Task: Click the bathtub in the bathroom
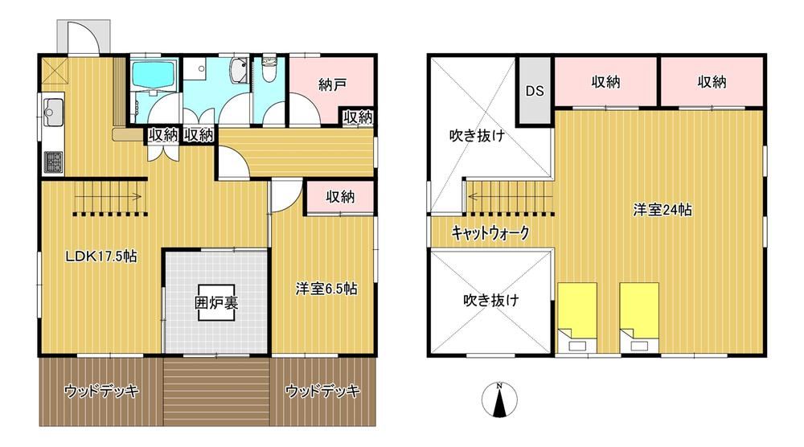pyautogui.click(x=154, y=74)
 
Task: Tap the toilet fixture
pyautogui.click(x=269, y=70)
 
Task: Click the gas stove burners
pyautogui.click(x=53, y=162)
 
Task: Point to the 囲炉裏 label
pyautogui.click(x=215, y=302)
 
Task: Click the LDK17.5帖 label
pyautogui.click(x=101, y=256)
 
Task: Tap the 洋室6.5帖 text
pyautogui.click(x=326, y=289)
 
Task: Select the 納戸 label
pyautogui.click(x=332, y=84)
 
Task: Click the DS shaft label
pyautogui.click(x=535, y=91)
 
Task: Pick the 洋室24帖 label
pyautogui.click(x=662, y=209)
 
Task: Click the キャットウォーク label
pyautogui.click(x=490, y=233)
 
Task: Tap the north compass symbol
pyautogui.click(x=499, y=400)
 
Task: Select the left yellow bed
pyautogui.click(x=577, y=317)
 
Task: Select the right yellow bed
pyautogui.click(x=639, y=317)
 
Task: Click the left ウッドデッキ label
pyautogui.click(x=101, y=391)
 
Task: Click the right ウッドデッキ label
pyautogui.click(x=322, y=391)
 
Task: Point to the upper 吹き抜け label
pyautogui.click(x=477, y=135)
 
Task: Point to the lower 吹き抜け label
pyautogui.click(x=491, y=299)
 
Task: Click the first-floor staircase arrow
pyautogui.click(x=108, y=195)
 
